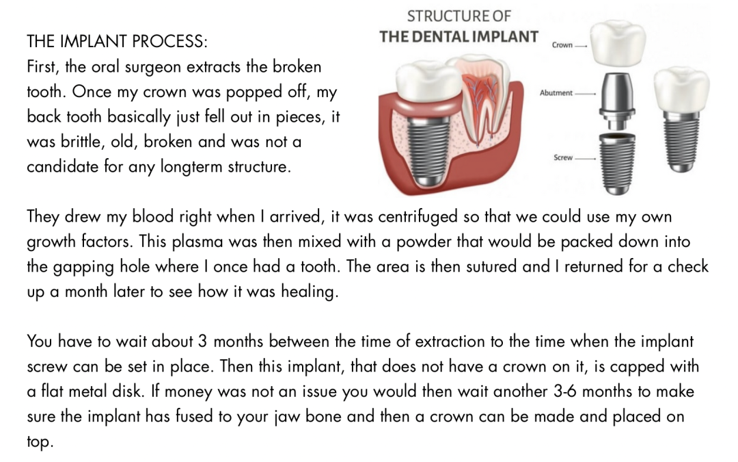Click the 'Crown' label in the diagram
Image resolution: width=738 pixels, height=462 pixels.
(x=562, y=45)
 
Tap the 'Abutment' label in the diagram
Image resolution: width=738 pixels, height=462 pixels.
(x=556, y=93)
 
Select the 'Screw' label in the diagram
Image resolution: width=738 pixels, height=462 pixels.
(x=563, y=157)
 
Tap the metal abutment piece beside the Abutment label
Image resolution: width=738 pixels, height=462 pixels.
(x=617, y=101)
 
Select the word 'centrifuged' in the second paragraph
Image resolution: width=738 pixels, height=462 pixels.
(x=418, y=217)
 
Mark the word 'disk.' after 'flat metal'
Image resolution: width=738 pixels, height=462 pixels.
(x=142, y=392)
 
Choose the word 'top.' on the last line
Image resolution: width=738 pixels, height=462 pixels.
(x=40, y=442)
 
